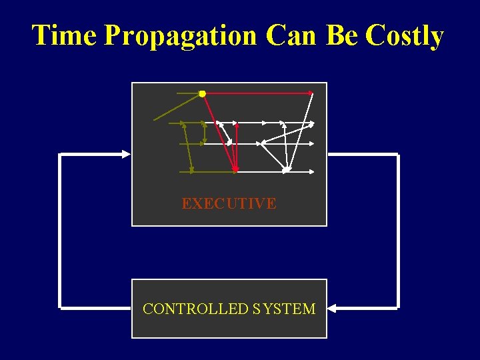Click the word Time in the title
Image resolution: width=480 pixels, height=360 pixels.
point(65,35)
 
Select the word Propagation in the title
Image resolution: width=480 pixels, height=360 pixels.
point(180,35)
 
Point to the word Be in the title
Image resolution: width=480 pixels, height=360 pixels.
point(341,35)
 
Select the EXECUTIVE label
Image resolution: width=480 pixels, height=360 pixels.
point(229,204)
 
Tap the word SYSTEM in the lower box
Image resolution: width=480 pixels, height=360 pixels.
point(284,309)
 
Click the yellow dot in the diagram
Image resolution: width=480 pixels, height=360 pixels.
point(202,94)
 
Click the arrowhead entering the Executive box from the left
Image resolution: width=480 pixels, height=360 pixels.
point(127,154)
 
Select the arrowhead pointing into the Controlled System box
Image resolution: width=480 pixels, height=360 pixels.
point(332,309)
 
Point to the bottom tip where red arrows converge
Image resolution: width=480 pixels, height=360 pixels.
point(235,170)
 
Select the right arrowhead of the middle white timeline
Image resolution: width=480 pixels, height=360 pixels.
point(311,143)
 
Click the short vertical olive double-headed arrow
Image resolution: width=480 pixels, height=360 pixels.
point(204,133)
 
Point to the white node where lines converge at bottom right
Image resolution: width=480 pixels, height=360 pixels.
point(286,170)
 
